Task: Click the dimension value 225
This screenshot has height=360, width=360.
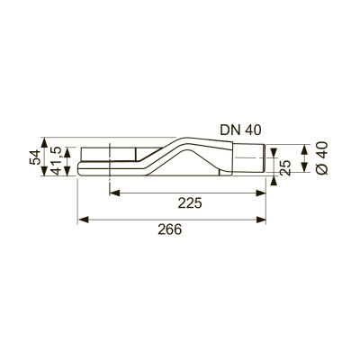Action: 189,203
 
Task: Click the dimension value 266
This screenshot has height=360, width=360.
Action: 169,229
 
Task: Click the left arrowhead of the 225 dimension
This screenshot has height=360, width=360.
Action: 114,192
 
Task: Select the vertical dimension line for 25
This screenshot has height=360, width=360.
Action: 275,165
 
